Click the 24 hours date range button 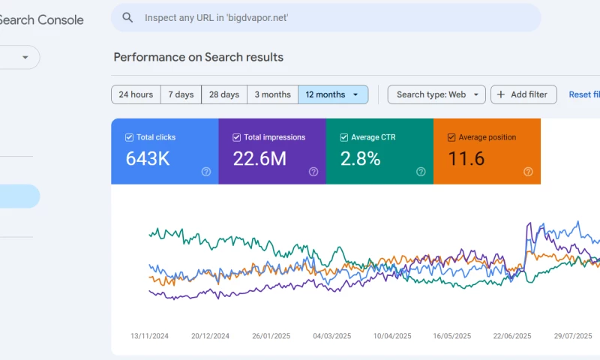click(136, 94)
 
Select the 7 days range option click(181, 94)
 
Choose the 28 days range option click(224, 94)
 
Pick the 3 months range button click(272, 94)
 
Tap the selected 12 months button click(332, 94)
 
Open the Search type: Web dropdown click(436, 94)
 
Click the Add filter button click(523, 94)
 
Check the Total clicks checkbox click(130, 137)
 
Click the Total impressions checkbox click(237, 137)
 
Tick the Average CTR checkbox click(344, 137)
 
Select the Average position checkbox click(451, 137)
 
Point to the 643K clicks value click(147, 158)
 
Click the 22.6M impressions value click(259, 158)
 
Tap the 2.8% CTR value click(360, 158)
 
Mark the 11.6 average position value click(466, 158)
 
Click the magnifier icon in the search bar click(128, 17)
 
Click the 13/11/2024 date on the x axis click(149, 336)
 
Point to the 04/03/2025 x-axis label click(332, 336)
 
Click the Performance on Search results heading click(198, 57)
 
